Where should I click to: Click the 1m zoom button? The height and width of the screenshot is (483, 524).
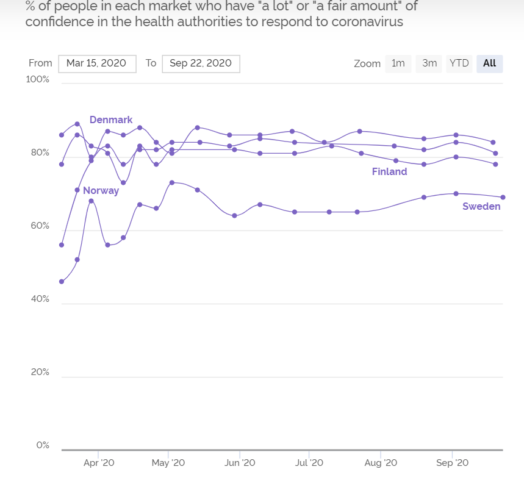tap(398, 63)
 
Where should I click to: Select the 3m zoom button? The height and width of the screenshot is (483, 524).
tap(429, 63)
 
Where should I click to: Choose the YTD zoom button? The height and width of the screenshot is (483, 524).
tap(459, 63)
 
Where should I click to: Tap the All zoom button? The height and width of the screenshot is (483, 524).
tap(489, 63)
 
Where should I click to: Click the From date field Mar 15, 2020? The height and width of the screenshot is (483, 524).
tap(96, 63)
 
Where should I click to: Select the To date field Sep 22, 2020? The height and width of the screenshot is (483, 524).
tap(201, 63)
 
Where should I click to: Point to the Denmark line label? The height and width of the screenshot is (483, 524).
tap(111, 120)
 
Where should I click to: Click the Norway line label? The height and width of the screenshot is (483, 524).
tap(101, 191)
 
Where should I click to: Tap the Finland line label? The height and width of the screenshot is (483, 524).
tap(389, 172)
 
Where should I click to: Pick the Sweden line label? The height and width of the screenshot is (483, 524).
tap(481, 207)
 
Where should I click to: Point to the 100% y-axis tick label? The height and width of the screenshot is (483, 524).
tap(38, 80)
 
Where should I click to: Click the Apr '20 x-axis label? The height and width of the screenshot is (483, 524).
tap(99, 463)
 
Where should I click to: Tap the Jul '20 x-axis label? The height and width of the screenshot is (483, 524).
tap(309, 463)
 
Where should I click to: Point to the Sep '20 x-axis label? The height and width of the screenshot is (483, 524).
tap(452, 463)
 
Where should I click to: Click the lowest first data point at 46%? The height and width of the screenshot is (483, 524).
tap(62, 282)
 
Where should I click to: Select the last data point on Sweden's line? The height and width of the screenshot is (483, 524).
tap(503, 197)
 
